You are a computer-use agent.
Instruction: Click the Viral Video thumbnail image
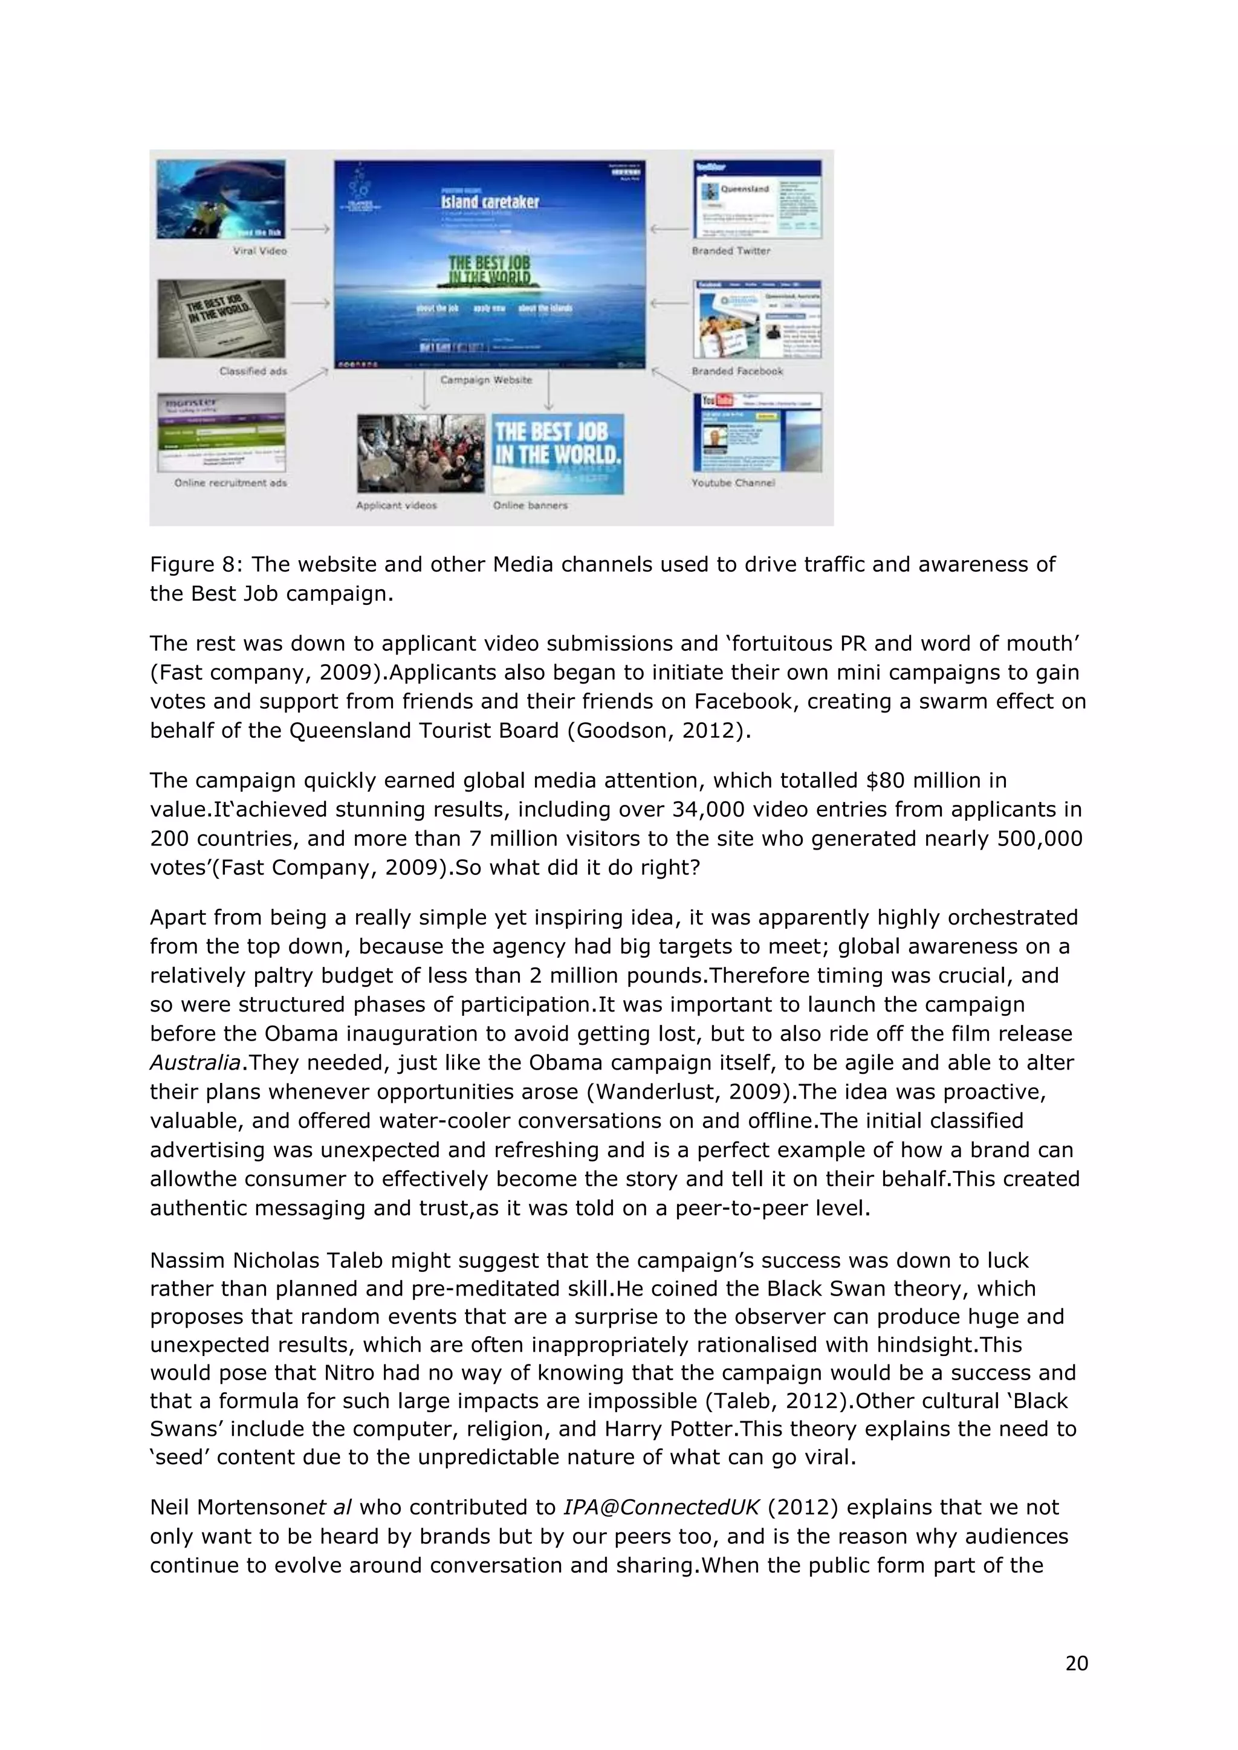(221, 199)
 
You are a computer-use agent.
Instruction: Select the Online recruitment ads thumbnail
(221, 432)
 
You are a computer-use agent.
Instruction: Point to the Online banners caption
(530, 505)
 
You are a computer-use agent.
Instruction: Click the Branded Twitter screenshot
(757, 199)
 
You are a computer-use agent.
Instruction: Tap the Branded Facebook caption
(736, 371)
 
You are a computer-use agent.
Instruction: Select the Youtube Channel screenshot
(757, 432)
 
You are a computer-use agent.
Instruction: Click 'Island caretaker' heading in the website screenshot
(490, 202)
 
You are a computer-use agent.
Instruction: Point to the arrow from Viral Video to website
(309, 228)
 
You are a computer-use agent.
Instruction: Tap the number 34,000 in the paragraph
(705, 810)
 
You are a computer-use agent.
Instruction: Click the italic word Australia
(195, 1062)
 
